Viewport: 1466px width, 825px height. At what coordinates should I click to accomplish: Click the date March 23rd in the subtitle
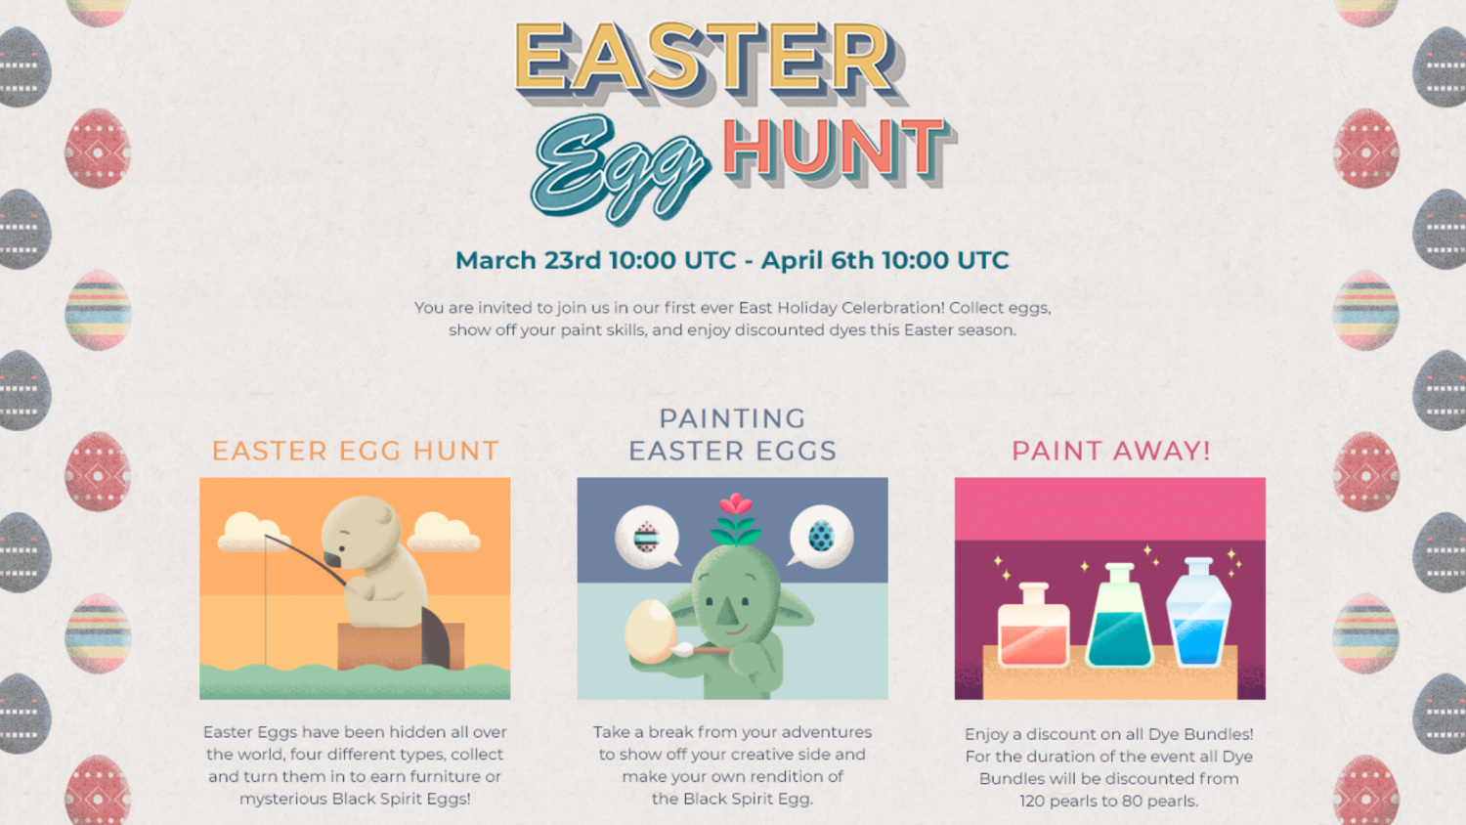(x=528, y=261)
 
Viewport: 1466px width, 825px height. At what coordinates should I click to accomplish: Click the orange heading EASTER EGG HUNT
(x=355, y=451)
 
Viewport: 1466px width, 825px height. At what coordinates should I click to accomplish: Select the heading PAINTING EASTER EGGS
(x=732, y=435)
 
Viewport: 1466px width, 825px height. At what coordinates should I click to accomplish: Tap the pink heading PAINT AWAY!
(x=1110, y=451)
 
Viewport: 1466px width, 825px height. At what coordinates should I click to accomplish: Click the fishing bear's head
(x=362, y=532)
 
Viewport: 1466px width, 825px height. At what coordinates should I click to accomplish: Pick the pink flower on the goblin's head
(x=735, y=506)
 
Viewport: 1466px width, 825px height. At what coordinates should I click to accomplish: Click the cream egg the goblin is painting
(x=649, y=630)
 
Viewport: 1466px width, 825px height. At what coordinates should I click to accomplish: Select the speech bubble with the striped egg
(x=646, y=537)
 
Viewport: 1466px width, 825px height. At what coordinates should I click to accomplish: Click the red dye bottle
(x=1033, y=628)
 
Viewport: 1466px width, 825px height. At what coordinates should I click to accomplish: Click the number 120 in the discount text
(x=1032, y=802)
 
